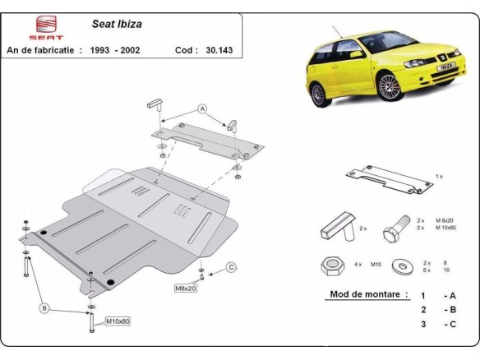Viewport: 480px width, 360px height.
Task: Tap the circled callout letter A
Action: [201, 109]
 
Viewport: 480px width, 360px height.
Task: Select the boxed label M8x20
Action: [185, 288]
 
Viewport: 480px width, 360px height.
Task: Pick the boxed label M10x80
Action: [117, 321]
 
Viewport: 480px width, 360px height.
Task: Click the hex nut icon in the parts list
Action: [328, 265]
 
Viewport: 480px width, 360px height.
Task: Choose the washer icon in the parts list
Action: [402, 266]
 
